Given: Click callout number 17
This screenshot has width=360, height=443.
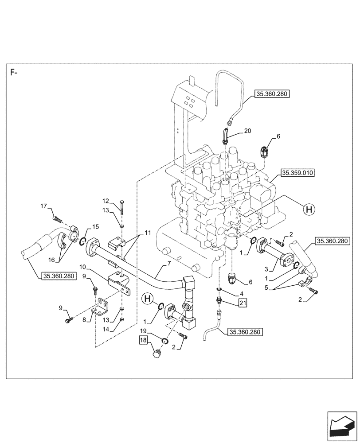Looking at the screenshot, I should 43,206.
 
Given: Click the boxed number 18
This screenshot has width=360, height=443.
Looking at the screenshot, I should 143,340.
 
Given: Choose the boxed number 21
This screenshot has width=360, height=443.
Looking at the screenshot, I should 242,303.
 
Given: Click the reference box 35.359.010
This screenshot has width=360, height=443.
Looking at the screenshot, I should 297,173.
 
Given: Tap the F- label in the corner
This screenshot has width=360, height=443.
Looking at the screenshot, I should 15,73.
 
